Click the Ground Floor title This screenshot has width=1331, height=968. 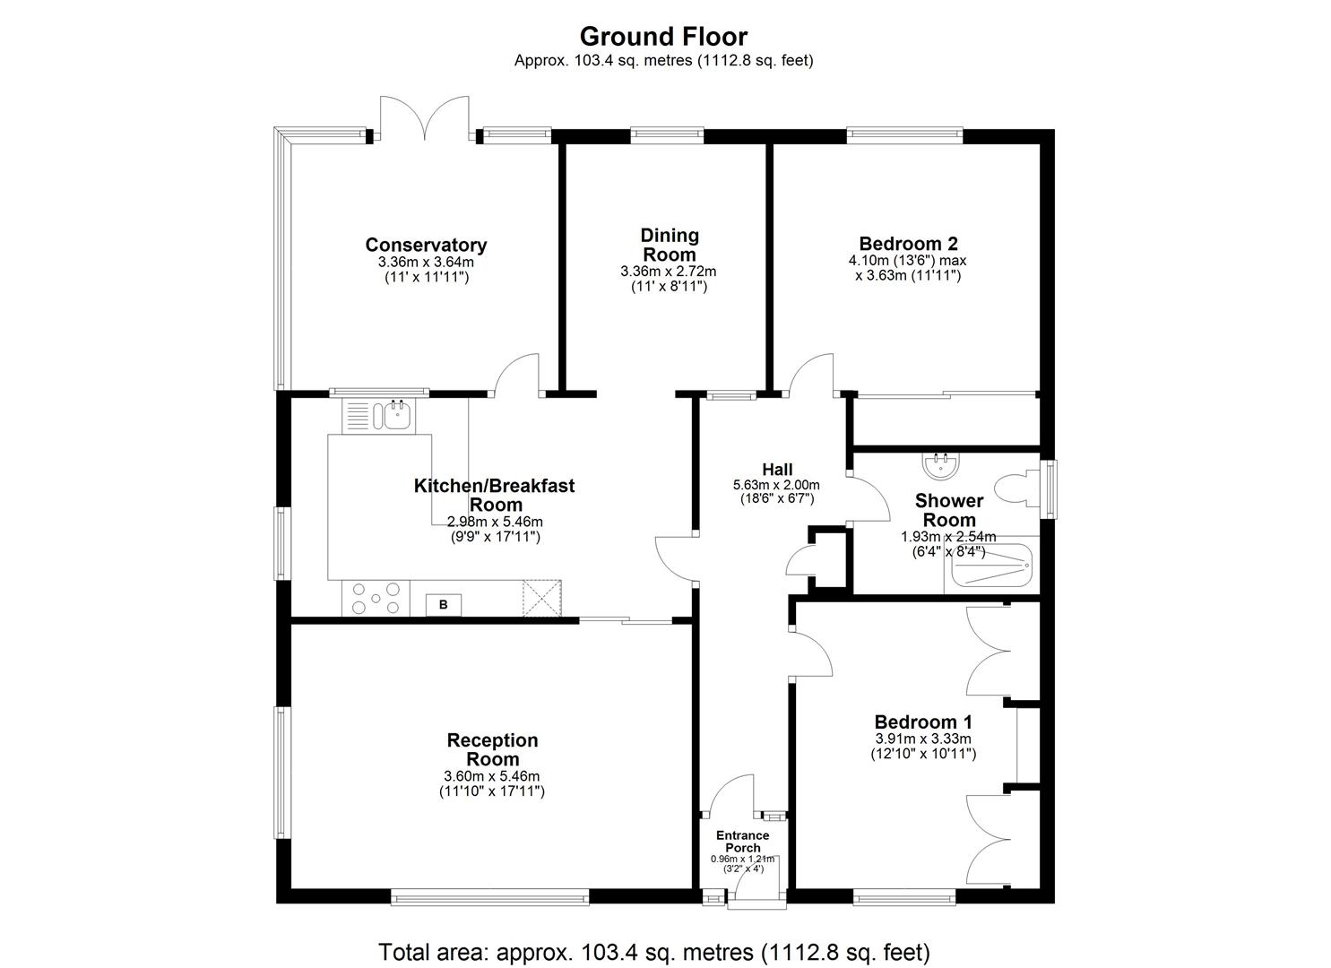tap(663, 37)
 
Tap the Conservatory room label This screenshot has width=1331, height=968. tap(426, 245)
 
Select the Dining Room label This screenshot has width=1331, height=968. tap(669, 245)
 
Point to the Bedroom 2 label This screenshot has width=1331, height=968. tap(908, 243)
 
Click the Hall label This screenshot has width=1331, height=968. tap(776, 470)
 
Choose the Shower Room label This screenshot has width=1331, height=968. tap(949, 510)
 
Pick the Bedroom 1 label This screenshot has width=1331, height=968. tap(923, 722)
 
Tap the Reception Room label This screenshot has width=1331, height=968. tap(492, 749)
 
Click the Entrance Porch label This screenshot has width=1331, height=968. tap(742, 842)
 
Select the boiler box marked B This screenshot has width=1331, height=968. tap(443, 605)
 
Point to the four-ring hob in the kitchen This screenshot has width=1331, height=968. tap(376, 598)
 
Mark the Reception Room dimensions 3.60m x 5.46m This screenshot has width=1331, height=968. tap(492, 776)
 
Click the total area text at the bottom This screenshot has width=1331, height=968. tap(654, 951)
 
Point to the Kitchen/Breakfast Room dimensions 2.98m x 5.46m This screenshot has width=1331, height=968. tap(496, 522)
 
